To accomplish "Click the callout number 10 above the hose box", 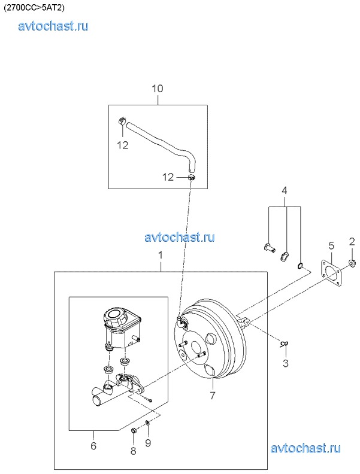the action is coord(158,89).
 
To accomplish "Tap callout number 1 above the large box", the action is coord(161,255).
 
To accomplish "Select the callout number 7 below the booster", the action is coord(213,395).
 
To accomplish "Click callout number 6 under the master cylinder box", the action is coord(93,445).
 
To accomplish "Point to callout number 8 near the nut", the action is coord(133,451).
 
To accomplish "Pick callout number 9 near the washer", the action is coord(148,443).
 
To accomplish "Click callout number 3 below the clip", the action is coord(286,363).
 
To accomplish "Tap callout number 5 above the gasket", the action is coord(331,246).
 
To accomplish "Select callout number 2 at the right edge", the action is coord(352,242).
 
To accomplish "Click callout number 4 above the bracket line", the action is coord(285,190).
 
